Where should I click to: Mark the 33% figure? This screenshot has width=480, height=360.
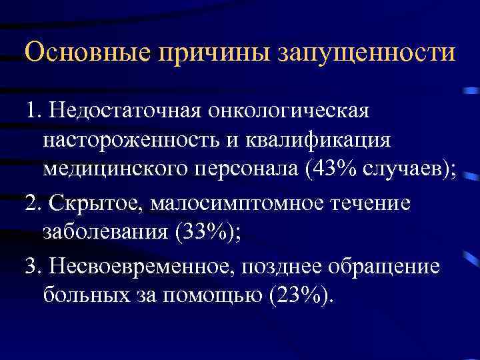193,233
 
